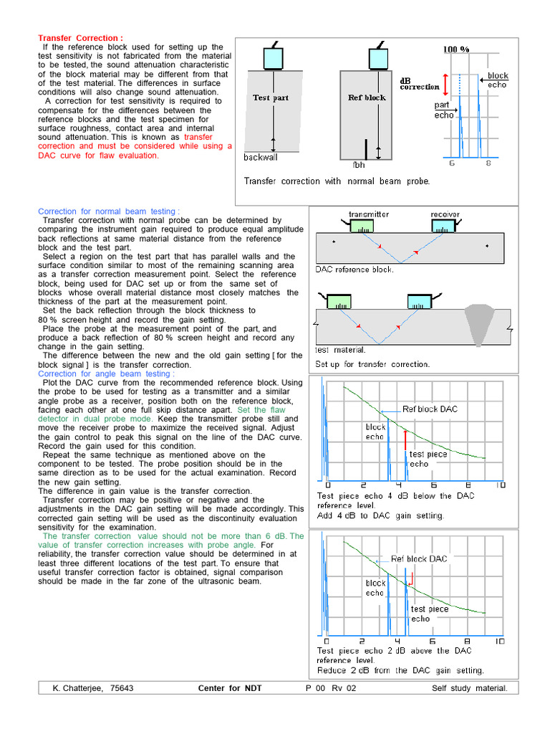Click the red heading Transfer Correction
pyautogui.click(x=80, y=38)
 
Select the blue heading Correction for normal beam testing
pyautogui.click(x=107, y=211)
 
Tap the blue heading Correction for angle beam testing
pyautogui.click(x=105, y=373)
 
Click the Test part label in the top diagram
pyautogui.click(x=271, y=97)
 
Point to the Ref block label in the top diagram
pyautogui.click(x=367, y=97)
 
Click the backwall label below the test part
pyautogui.click(x=261, y=157)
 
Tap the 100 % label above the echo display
pyautogui.click(x=456, y=49)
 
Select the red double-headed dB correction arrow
pyautogui.click(x=445, y=83)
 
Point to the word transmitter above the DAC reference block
pyautogui.click(x=369, y=214)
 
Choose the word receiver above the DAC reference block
pyautogui.click(x=445, y=214)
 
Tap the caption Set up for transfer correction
pyautogui.click(x=372, y=364)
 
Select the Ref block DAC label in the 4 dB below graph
pyautogui.click(x=429, y=409)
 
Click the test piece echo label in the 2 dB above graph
pyautogui.click(x=429, y=614)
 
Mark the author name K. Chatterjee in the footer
pyautogui.click(x=93, y=688)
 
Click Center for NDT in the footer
pyautogui.click(x=230, y=688)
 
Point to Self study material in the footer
pyautogui.click(x=469, y=688)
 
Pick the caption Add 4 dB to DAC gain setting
pyautogui.click(x=380, y=515)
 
